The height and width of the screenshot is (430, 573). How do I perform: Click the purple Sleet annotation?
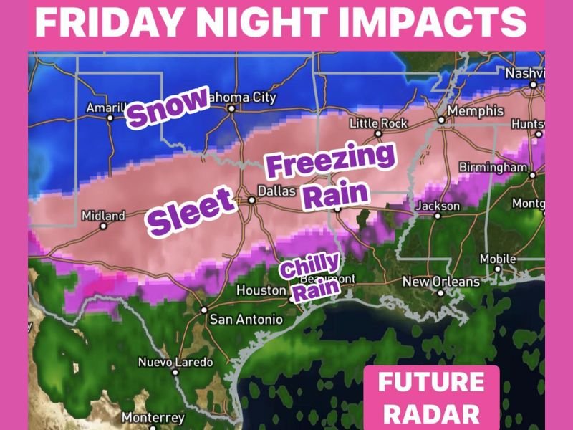click(192, 211)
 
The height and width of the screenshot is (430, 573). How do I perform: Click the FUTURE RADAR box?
click(430, 397)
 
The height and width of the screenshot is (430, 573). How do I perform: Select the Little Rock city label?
click(378, 124)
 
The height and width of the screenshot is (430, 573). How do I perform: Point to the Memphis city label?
click(475, 112)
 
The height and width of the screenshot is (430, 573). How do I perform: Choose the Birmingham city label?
click(493, 167)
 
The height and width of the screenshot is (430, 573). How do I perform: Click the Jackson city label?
click(438, 206)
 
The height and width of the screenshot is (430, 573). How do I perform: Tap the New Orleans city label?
click(440, 282)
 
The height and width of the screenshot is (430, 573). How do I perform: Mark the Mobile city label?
click(498, 259)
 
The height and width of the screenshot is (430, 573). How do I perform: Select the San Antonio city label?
click(241, 320)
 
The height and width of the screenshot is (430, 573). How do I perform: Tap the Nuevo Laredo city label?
click(175, 363)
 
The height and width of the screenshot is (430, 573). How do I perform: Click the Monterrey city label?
click(153, 417)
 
